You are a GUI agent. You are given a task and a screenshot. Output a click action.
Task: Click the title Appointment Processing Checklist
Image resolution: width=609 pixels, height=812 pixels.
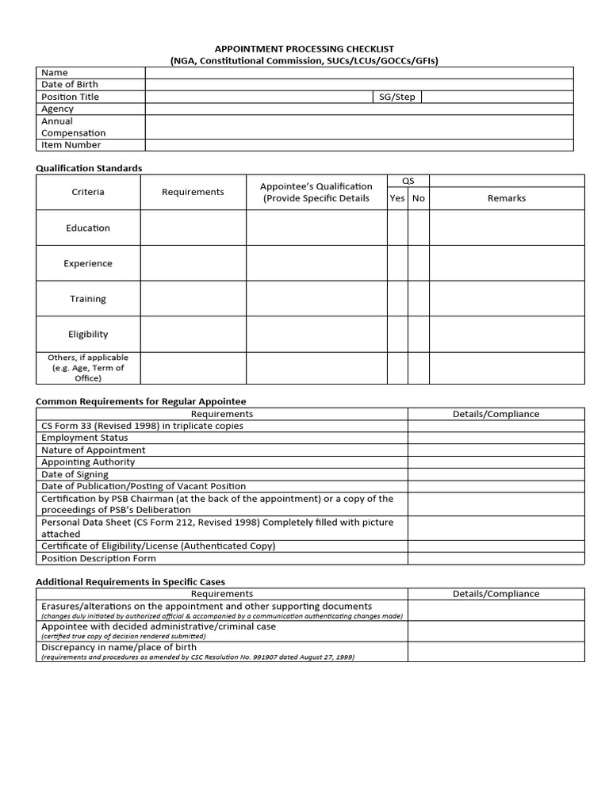click(x=304, y=49)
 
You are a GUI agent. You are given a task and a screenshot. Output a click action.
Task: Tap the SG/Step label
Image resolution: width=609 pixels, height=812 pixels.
click(x=396, y=97)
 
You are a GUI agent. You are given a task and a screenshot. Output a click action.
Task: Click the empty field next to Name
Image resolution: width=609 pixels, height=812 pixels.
click(x=358, y=73)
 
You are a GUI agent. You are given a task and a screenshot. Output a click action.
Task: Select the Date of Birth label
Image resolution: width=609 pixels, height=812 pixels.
click(x=70, y=85)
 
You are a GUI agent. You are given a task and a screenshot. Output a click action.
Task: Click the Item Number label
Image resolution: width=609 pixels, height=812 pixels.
click(x=71, y=145)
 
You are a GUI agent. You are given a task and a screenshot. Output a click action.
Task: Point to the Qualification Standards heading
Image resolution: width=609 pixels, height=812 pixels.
click(x=89, y=168)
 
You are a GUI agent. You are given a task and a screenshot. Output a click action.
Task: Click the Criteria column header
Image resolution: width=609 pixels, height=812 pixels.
click(x=88, y=192)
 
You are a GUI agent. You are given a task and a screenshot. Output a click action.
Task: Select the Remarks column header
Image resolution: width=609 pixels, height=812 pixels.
click(x=506, y=198)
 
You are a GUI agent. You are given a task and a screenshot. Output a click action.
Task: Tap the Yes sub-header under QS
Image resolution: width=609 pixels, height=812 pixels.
click(x=397, y=198)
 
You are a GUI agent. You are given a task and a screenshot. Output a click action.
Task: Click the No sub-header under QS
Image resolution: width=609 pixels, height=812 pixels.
click(x=419, y=198)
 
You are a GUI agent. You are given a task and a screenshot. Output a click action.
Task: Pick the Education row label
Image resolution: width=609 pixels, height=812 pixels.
click(x=88, y=228)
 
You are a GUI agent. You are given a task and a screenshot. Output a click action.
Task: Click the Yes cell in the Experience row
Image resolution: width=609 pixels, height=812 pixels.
click(x=397, y=263)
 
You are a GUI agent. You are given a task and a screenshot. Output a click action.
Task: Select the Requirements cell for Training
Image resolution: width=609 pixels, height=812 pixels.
click(x=193, y=299)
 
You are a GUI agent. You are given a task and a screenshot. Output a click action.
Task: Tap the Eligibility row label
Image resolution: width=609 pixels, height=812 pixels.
click(x=88, y=335)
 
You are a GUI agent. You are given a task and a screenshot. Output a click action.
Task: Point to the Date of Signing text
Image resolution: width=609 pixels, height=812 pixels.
click(x=75, y=474)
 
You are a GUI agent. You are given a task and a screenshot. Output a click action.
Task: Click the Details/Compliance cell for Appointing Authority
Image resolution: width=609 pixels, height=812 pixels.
click(x=496, y=462)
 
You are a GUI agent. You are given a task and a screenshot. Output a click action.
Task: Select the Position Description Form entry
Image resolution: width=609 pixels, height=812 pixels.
click(x=98, y=558)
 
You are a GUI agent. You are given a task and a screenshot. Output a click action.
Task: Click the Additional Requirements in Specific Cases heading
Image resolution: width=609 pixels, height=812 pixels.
click(x=130, y=582)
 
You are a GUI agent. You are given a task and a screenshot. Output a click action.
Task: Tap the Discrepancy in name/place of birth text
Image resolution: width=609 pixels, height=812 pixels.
click(x=119, y=647)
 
